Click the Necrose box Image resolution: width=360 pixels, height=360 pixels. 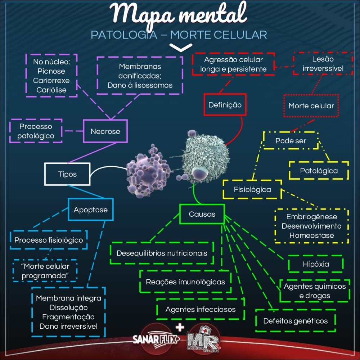coord(105,131)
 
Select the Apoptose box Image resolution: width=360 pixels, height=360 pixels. coord(90,210)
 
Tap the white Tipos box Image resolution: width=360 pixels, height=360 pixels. coord(67,174)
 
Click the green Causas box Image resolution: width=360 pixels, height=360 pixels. coord(202,214)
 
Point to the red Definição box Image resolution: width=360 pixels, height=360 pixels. coord(225,105)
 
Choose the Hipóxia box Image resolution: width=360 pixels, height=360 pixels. coord(316,264)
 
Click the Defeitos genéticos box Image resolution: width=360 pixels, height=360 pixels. coord(295,320)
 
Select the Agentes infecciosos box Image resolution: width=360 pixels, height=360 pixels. coord(201,309)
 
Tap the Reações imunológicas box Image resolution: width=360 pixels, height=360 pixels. coord(185,282)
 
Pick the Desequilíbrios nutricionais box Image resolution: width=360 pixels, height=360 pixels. coord(162,253)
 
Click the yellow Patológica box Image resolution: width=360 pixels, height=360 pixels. coord(319,171)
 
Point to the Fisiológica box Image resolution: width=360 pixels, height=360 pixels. coord(252,189)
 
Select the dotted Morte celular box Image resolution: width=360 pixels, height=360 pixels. coord(311,106)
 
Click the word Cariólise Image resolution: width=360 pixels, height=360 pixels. coord(51,90)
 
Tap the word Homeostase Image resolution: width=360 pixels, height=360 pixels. coord(312,235)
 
